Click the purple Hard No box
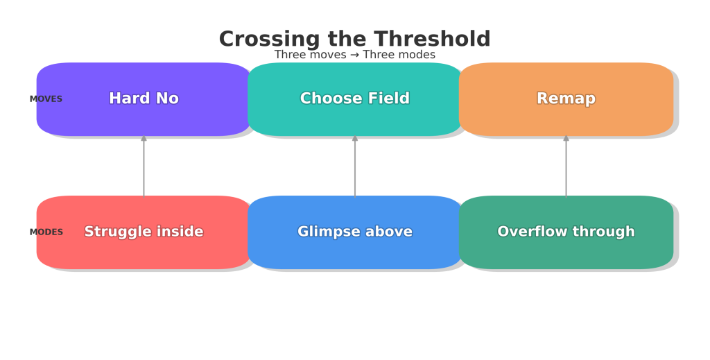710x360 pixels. [144, 99]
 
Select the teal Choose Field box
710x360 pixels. [355, 99]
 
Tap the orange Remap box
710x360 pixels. [566, 99]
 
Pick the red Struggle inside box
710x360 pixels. [144, 232]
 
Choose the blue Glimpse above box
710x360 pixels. [355, 232]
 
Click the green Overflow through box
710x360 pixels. [566, 232]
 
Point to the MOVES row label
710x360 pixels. [46, 99]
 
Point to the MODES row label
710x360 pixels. [46, 232]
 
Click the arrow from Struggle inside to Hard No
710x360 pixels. [144, 166]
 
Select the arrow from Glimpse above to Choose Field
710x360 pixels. [355, 166]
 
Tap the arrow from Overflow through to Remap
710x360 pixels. [566, 166]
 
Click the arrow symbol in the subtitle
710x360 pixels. [355, 55]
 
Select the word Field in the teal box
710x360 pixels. [390, 98]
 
